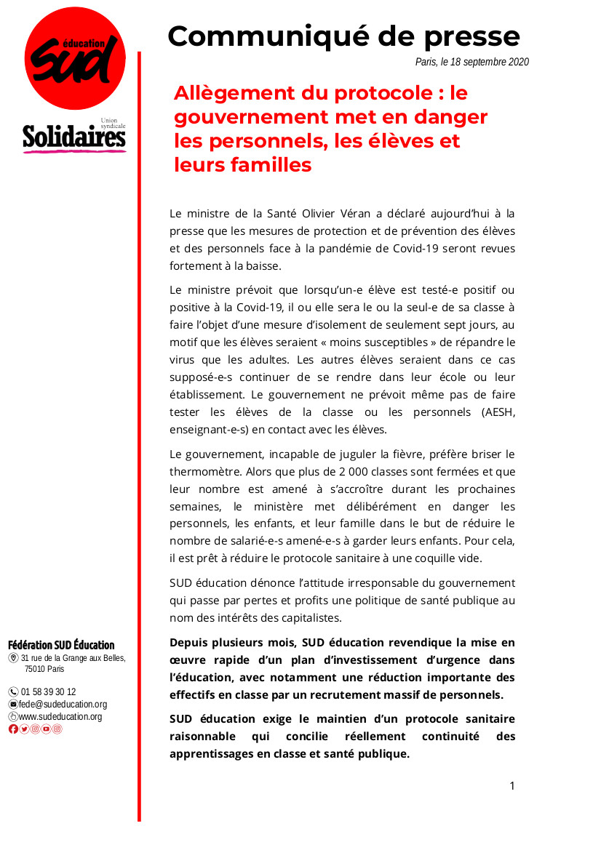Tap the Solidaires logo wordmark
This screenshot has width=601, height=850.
tap(73, 137)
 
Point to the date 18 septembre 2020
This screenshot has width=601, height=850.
tap(490, 63)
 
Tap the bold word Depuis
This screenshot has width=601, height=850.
tap(188, 642)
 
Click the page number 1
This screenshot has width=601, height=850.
tap(512, 786)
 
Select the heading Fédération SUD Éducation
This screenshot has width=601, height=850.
tap(61, 645)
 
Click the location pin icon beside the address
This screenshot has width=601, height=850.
tap(13, 658)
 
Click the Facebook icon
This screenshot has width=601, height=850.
tap(13, 729)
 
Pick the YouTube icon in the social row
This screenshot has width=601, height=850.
tap(46, 729)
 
